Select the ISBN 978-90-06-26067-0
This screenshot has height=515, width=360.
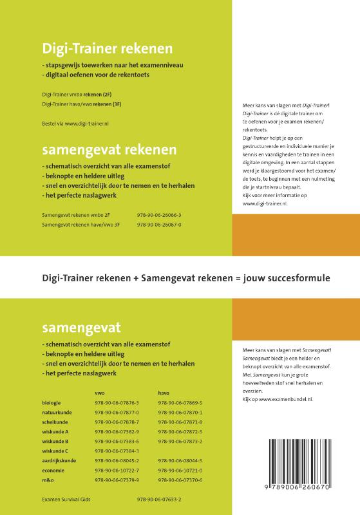coord(159,225)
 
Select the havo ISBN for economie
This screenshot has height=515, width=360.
coord(180,471)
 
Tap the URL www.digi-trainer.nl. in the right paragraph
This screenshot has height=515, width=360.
coord(265,203)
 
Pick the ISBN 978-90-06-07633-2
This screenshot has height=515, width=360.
coord(159,500)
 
